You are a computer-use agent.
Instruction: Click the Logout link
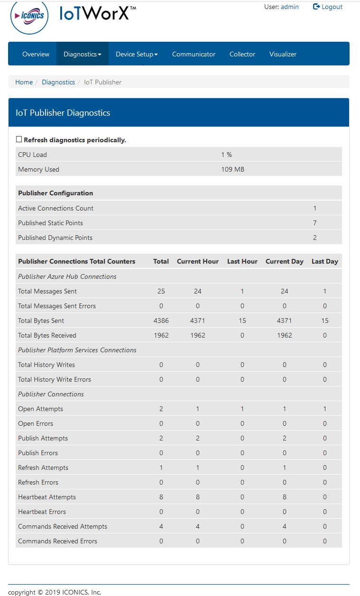[328, 7]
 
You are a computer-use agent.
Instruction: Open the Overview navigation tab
[36, 54]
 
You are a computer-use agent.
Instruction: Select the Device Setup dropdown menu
[137, 54]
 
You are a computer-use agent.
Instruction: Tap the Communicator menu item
[194, 54]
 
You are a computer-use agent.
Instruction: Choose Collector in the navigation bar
[242, 54]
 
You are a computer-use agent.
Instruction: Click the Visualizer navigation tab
[283, 54]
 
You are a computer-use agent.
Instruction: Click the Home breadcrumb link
[24, 82]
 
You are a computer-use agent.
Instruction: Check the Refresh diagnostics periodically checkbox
[19, 139]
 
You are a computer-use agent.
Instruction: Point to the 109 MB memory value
[232, 169]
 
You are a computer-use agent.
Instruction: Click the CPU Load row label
[32, 155]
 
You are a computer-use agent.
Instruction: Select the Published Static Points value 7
[314, 223]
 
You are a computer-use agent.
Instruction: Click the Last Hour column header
[242, 261]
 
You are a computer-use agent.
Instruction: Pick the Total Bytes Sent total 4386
[161, 321]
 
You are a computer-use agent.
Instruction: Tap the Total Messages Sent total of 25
[161, 291]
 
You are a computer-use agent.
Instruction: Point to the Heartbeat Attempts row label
[47, 497]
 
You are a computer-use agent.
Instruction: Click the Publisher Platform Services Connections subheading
[77, 350]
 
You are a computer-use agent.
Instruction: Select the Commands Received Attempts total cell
[161, 526]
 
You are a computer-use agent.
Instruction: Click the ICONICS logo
[29, 16]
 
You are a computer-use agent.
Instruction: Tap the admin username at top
[290, 7]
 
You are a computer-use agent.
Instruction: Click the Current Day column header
[284, 261]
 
